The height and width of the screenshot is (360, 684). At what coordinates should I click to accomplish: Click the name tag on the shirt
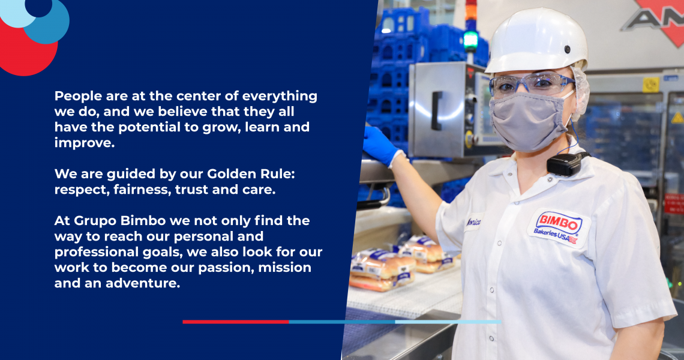point(474,222)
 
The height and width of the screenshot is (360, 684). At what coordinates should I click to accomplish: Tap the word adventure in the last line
point(142,283)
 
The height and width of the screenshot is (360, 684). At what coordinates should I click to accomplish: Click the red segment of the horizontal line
point(236,322)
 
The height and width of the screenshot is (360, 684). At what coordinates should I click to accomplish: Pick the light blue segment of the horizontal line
point(448,322)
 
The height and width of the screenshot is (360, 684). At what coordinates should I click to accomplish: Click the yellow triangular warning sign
point(677,118)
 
